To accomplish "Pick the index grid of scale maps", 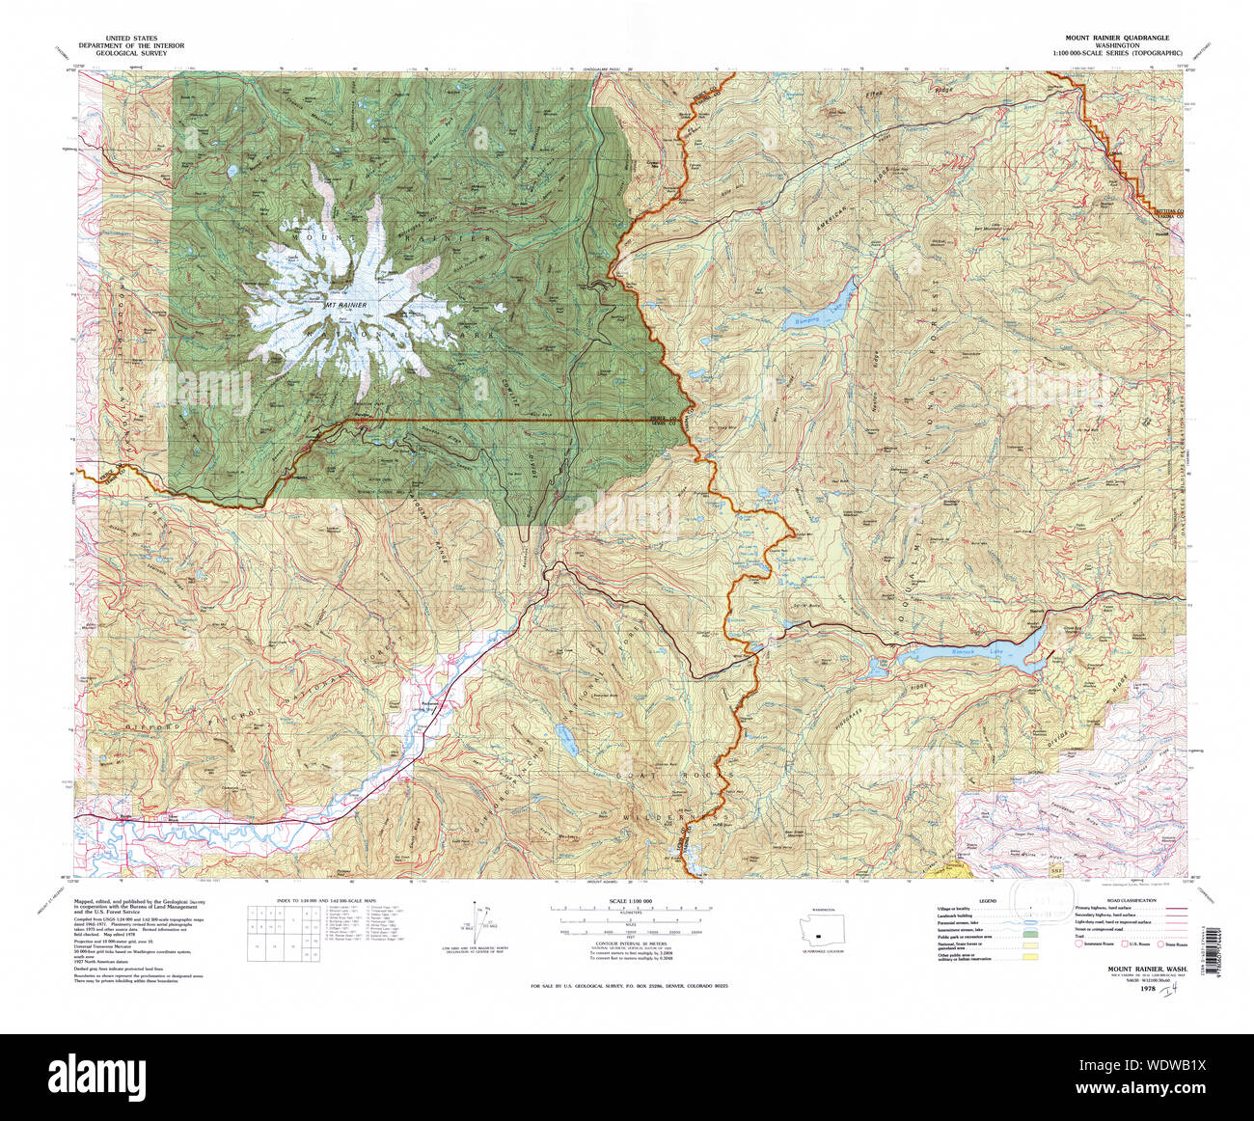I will [285, 931].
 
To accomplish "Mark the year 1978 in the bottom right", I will [1150, 989].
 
